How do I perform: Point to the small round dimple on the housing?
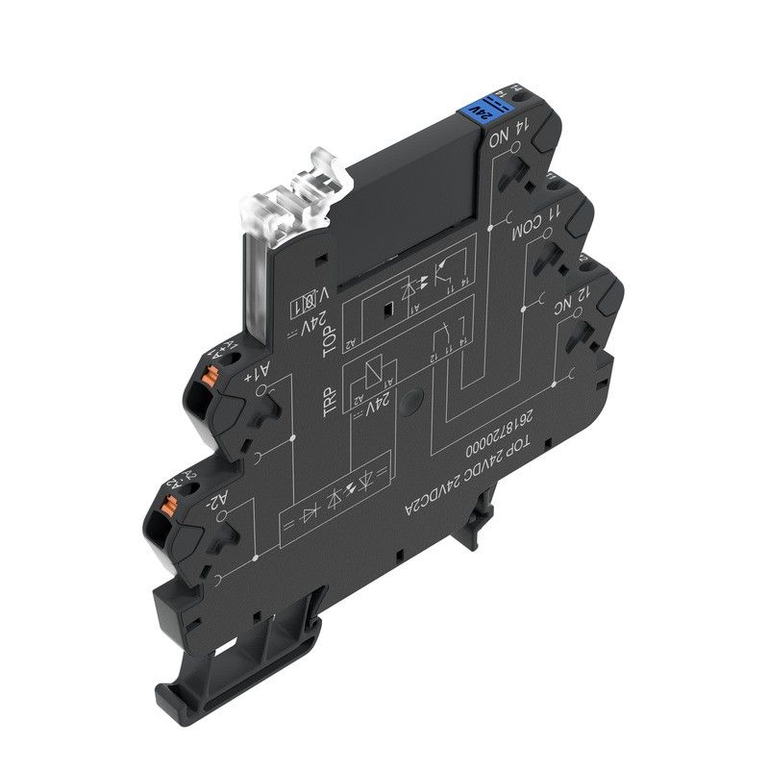[413, 398]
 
